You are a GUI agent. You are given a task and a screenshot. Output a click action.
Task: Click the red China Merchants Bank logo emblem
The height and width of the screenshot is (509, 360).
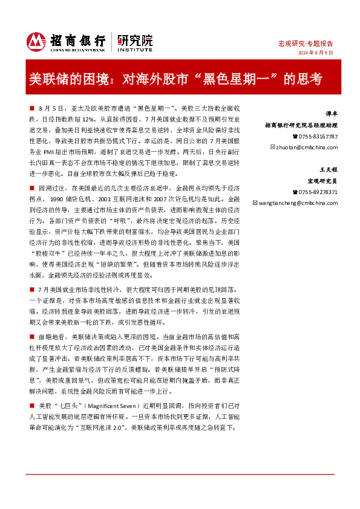click(36, 41)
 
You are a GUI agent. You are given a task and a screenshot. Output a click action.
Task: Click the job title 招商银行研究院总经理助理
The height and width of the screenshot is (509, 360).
click(301, 125)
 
